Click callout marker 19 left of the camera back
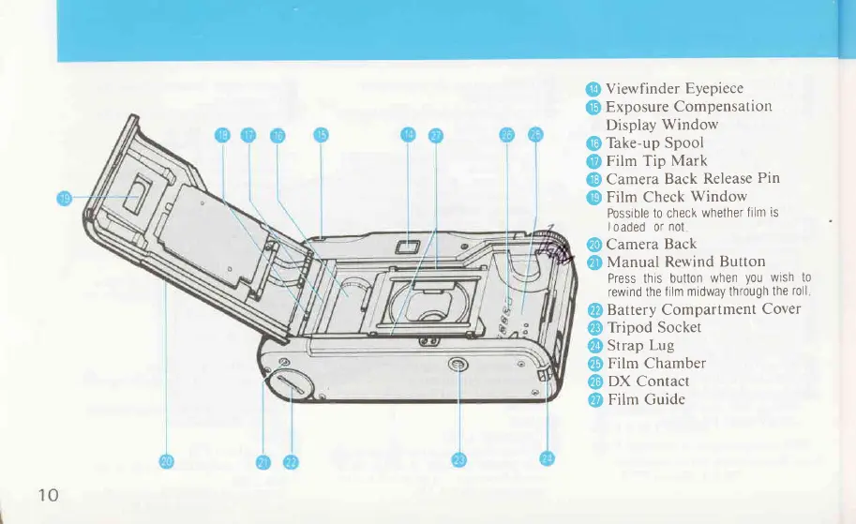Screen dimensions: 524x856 tap(65, 198)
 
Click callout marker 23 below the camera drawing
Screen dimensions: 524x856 tap(458, 459)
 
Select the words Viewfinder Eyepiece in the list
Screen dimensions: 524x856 tap(674, 90)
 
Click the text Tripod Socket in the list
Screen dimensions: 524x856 tap(654, 328)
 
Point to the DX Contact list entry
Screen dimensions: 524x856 tap(648, 382)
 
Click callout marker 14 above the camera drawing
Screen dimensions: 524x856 tap(408, 135)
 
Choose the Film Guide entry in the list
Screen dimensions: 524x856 tap(646, 400)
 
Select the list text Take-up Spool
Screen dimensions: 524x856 tap(654, 143)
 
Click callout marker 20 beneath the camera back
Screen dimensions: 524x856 tap(166, 460)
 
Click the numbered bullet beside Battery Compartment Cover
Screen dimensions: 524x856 tap(593, 310)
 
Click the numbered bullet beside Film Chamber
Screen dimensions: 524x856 tap(593, 364)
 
